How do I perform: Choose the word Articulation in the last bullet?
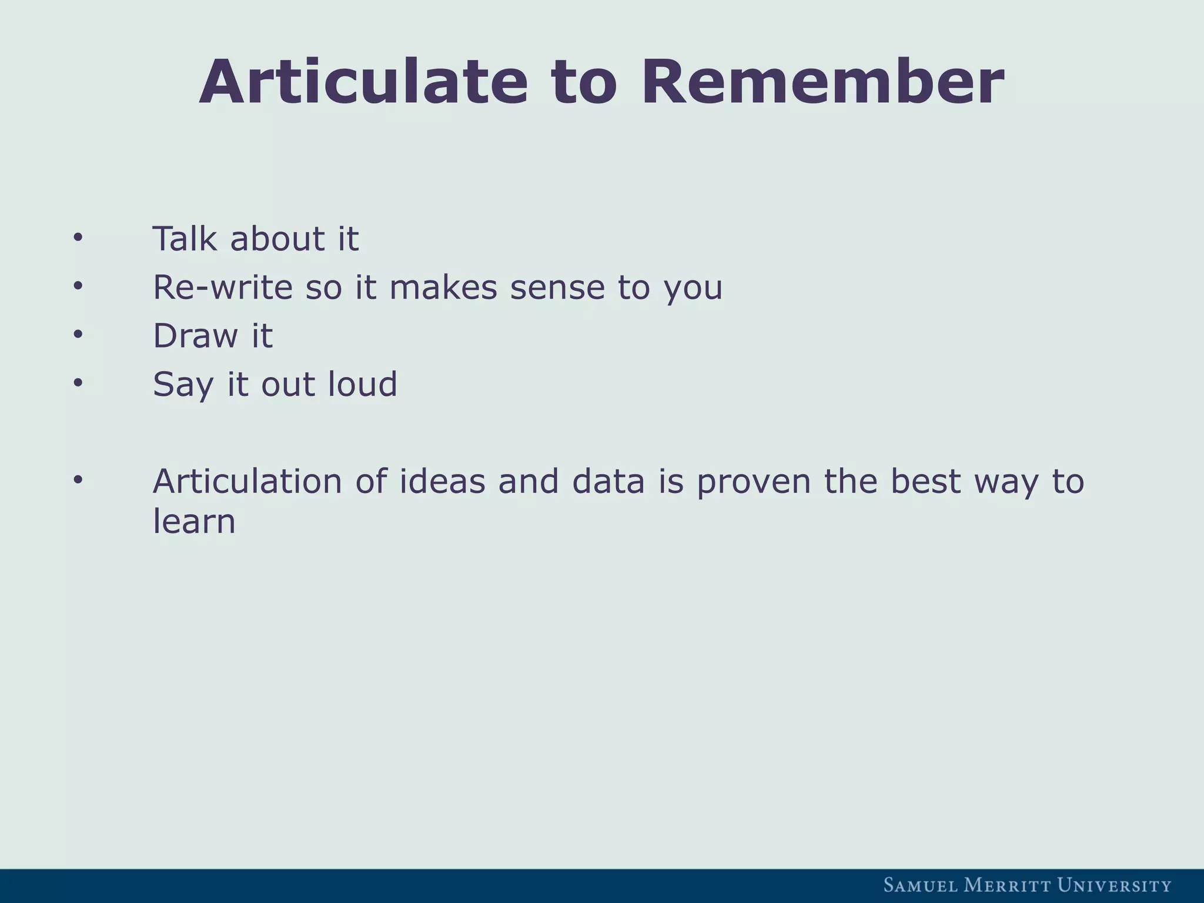(x=247, y=481)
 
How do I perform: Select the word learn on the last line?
(x=194, y=521)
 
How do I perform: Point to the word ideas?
(x=442, y=481)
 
